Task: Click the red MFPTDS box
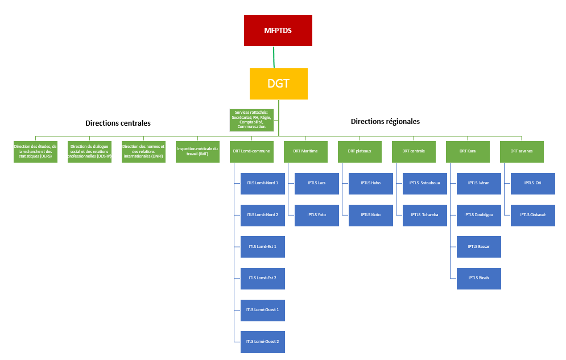(x=278, y=30)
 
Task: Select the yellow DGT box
(x=278, y=84)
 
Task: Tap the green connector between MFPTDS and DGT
(x=274, y=57)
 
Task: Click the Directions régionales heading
(x=385, y=121)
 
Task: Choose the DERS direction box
(x=36, y=151)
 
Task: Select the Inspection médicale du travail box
(x=197, y=151)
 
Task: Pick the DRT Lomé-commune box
(x=251, y=151)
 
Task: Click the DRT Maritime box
(x=305, y=151)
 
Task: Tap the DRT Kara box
(x=468, y=151)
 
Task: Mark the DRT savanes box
(x=522, y=151)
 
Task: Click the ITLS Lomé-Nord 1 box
(x=262, y=183)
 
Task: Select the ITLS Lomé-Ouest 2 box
(x=262, y=342)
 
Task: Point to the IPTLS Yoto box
(x=316, y=215)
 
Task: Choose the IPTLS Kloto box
(x=370, y=215)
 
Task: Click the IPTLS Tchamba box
(x=424, y=215)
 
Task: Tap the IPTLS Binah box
(x=478, y=278)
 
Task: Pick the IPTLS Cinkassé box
(x=532, y=215)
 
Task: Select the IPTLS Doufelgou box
(x=478, y=215)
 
